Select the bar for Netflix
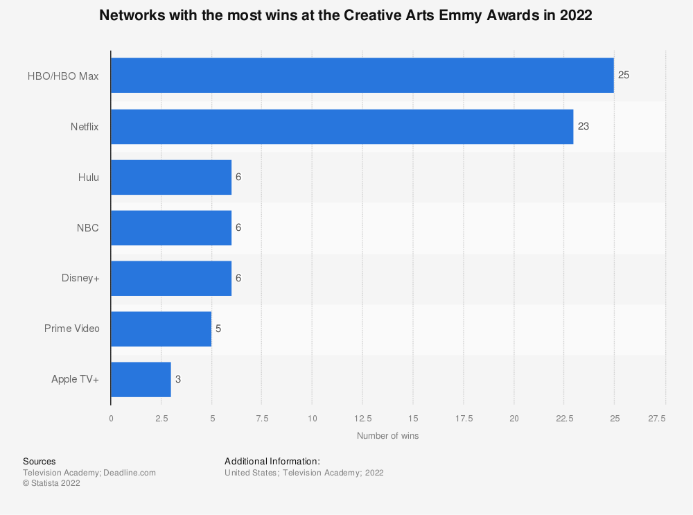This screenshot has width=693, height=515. [342, 126]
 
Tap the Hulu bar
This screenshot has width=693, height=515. [171, 177]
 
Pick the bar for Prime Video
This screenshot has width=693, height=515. [161, 329]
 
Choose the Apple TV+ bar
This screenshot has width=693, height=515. [141, 379]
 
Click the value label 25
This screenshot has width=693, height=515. [624, 76]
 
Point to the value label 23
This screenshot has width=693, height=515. [583, 126]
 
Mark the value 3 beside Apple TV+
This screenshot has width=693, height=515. [178, 379]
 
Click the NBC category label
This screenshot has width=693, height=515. [87, 227]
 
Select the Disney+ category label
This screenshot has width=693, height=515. [80, 278]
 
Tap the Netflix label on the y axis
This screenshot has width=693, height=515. [85, 126]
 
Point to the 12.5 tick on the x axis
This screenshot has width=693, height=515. [362, 418]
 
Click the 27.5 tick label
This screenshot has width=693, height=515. [656, 418]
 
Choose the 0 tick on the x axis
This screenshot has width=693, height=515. [111, 418]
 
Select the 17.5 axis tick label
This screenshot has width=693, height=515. [464, 418]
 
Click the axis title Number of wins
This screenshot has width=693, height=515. [387, 436]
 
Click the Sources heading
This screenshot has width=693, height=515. [40, 462]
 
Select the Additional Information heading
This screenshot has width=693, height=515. [272, 462]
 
